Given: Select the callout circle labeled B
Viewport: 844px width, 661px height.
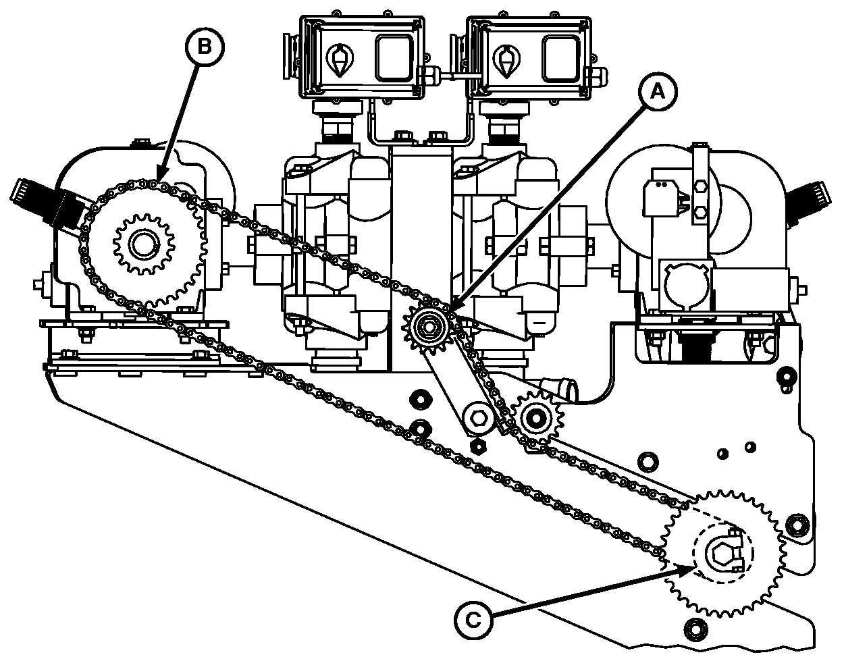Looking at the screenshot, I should coord(205,45).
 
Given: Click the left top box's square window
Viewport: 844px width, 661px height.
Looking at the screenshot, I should coord(394,57).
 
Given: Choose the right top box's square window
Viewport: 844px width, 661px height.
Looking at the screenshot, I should coord(561,57).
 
